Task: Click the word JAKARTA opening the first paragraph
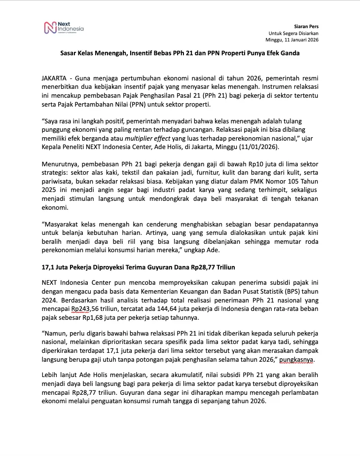[x=55, y=78]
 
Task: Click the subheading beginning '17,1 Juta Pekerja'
[x=138, y=267]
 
